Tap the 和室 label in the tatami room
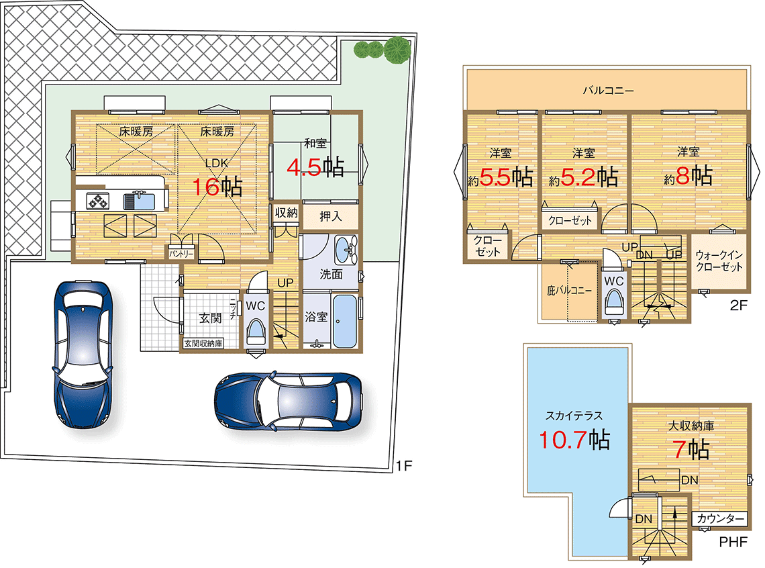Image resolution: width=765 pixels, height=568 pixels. [315, 143]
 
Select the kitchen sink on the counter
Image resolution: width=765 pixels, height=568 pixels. [139, 201]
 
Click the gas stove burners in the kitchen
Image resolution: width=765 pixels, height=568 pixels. [97, 201]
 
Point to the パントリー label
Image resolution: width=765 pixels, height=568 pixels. [181, 254]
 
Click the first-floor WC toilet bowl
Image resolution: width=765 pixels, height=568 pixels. [255, 332]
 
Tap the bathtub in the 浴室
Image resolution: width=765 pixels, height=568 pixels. [345, 321]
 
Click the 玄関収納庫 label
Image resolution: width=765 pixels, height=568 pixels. [203, 344]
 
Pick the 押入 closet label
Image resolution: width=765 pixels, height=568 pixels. [331, 216]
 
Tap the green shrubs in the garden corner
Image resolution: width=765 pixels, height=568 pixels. [382, 50]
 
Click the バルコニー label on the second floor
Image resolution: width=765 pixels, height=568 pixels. [609, 90]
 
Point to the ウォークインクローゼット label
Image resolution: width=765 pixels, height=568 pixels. [719, 261]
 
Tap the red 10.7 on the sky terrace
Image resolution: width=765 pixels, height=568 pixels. [562, 440]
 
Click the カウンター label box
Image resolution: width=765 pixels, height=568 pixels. [720, 518]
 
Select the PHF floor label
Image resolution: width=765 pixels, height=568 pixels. [733, 542]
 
